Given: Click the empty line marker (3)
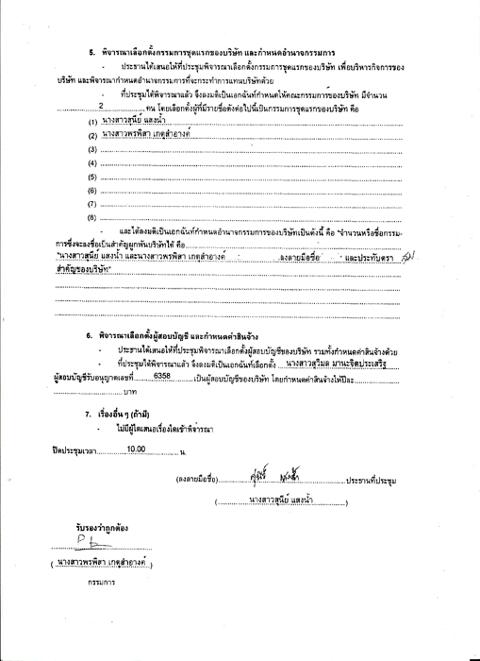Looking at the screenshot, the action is click(x=92, y=150).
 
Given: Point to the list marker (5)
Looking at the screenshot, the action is click(x=92, y=177).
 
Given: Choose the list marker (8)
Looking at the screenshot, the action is click(x=92, y=217).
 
